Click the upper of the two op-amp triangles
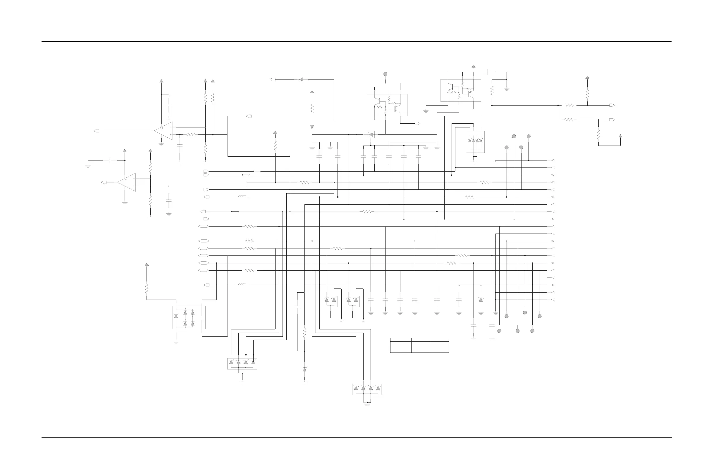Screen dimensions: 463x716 pos(164,131)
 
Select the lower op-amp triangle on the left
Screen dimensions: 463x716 pos(127,182)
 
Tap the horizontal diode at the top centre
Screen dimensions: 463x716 pos(301,80)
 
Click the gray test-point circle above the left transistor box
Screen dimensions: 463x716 pos(385,74)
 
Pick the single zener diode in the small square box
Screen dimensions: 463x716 pos(371,134)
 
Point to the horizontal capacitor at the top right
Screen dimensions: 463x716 pos(488,72)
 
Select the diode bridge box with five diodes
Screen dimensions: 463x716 pos(189,317)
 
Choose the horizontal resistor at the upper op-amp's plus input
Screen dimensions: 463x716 pos(191,135)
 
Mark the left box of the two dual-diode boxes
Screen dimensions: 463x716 pos(330,301)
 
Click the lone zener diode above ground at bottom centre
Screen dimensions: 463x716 pos(304,369)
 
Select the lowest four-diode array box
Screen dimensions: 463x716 pos(367,389)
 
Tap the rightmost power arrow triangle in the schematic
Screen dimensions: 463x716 pos(620,136)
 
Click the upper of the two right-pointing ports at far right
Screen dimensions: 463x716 pos(612,105)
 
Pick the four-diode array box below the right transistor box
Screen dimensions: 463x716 pos(475,141)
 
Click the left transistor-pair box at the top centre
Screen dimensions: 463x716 pos(387,105)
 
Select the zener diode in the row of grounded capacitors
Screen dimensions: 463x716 pos(481,300)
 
